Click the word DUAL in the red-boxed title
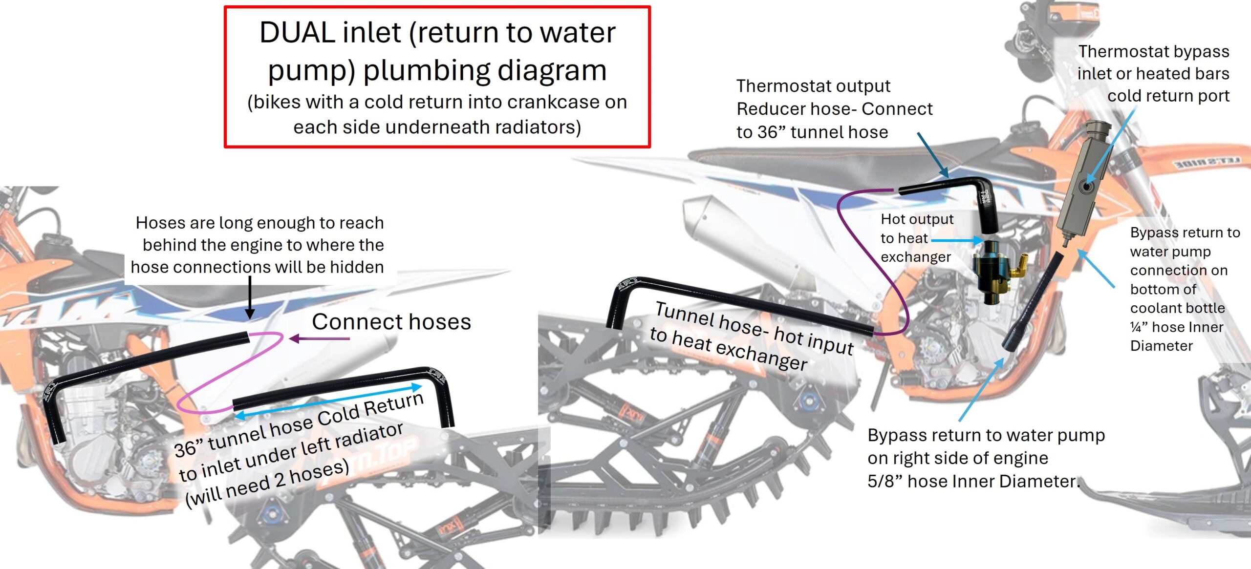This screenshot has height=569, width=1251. [297, 33]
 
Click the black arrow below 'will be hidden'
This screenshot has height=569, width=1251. [250, 298]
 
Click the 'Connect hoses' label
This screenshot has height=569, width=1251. [391, 322]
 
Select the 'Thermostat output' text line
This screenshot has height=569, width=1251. [813, 86]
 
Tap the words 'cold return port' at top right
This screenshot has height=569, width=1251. [1168, 96]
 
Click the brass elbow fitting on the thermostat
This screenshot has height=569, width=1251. [1018, 267]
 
